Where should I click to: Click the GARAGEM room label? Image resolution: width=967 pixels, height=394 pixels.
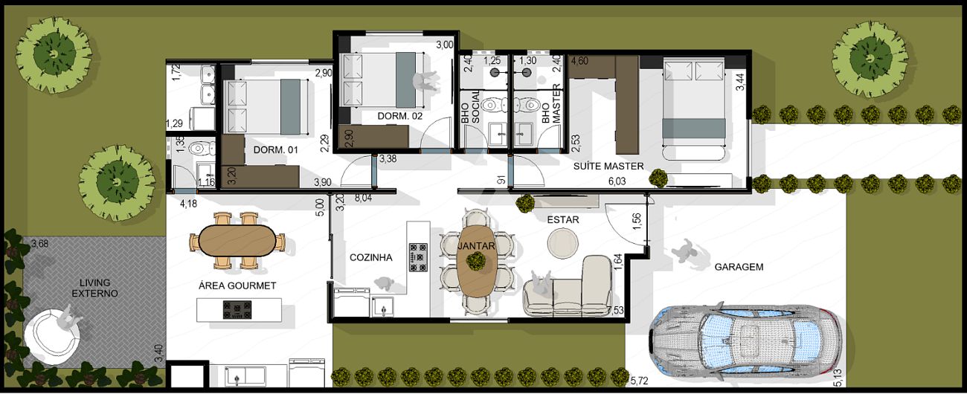[739, 267]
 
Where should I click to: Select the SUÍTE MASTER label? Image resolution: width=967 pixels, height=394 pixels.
[608, 166]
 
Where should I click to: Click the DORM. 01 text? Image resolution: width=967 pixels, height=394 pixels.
[275, 149]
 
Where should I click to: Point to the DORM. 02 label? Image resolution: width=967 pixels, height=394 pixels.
[399, 116]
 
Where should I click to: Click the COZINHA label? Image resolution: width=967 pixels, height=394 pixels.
[371, 258]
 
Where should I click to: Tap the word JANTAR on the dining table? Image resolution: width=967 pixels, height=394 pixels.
[476, 246]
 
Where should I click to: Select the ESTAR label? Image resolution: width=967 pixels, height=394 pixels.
[563, 219]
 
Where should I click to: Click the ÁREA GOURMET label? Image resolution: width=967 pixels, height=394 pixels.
[237, 285]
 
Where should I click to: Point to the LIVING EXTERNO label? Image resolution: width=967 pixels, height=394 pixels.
[95, 288]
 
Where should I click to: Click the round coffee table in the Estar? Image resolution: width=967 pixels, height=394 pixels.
[563, 243]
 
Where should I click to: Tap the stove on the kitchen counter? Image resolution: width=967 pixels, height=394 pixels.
[418, 258]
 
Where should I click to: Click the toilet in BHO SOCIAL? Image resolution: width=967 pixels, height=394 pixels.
[494, 105]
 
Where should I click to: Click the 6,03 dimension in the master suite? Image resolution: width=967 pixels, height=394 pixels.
[617, 181]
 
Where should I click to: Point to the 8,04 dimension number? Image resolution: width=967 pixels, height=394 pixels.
[363, 198]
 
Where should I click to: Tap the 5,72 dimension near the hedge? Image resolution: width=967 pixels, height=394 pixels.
[639, 381]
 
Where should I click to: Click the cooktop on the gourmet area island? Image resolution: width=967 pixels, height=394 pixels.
[237, 310]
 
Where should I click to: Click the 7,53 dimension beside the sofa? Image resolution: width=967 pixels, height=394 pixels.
[615, 310]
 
